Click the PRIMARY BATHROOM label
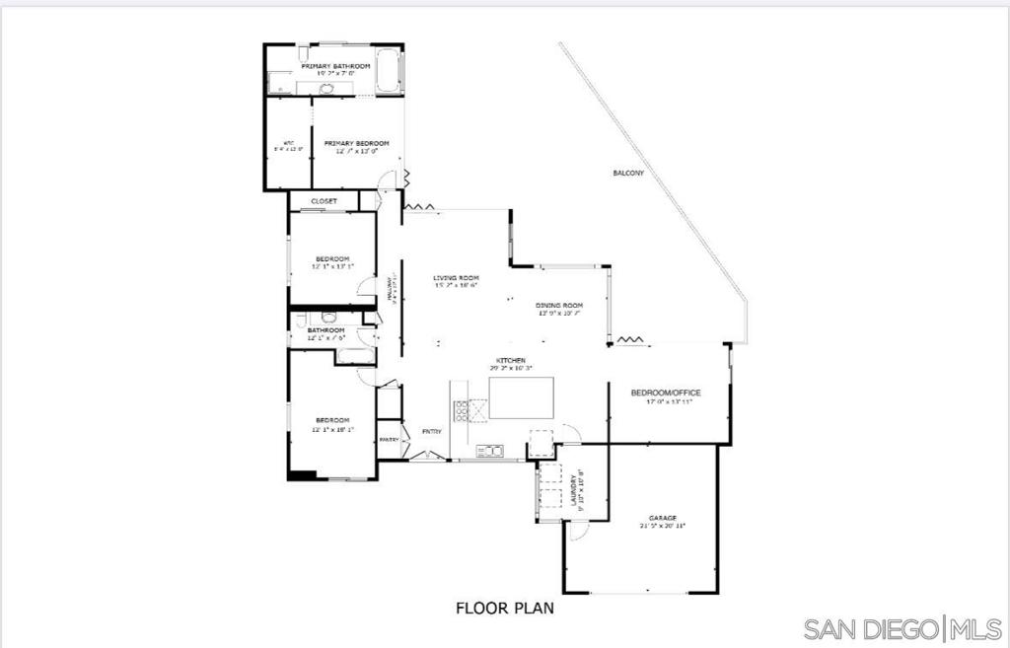335,66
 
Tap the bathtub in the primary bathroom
389,72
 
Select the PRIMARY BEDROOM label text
356,144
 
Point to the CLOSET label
324,201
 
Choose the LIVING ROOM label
455,279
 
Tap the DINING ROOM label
559,306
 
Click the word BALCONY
628,174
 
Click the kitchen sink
489,451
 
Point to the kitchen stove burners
461,410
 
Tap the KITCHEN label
510,361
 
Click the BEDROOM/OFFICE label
666,393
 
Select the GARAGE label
662,518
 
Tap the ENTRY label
431,432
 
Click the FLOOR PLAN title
504,608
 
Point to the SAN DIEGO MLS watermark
902,628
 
